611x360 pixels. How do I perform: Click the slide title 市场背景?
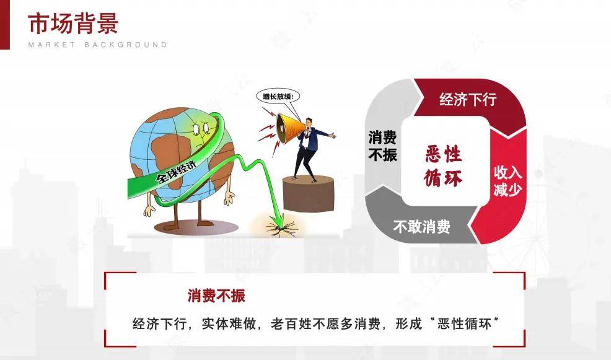(x=73, y=23)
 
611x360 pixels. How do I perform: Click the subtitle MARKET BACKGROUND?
(x=97, y=45)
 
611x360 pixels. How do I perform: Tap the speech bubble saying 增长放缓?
(x=278, y=96)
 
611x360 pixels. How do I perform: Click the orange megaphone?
(x=289, y=127)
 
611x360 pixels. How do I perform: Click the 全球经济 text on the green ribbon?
(x=176, y=172)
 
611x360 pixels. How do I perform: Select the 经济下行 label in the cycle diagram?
(x=468, y=99)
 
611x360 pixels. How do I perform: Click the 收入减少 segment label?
(x=508, y=181)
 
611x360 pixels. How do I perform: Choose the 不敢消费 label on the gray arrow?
(x=421, y=226)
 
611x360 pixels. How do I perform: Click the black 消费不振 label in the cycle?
(x=383, y=146)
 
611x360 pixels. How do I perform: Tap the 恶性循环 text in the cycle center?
(x=444, y=165)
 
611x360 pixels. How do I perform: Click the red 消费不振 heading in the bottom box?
(x=216, y=296)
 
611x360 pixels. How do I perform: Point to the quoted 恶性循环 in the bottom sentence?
(x=465, y=323)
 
